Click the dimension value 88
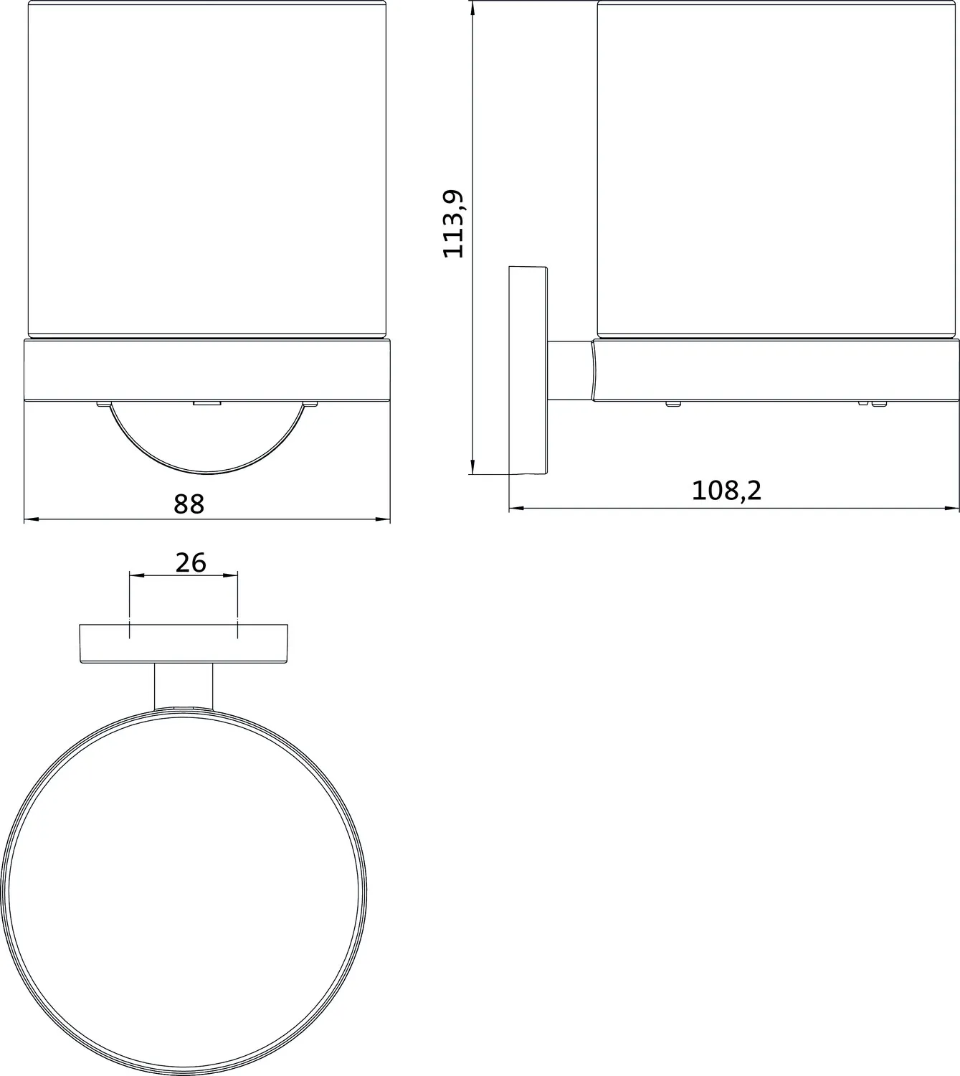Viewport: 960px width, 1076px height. (189, 504)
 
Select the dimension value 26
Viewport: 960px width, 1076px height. (191, 562)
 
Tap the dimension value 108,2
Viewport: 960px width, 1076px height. (726, 491)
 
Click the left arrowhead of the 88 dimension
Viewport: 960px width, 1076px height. (30, 519)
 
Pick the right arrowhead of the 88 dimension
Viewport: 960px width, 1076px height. (384, 519)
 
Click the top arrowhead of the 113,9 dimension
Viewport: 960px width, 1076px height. (472, 7)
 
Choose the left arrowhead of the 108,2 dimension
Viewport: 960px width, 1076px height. (515, 509)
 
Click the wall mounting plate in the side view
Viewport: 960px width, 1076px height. (528, 370)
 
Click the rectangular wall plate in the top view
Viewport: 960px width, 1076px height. (184, 643)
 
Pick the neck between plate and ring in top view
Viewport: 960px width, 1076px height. (184, 684)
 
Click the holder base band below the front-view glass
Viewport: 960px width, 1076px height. (207, 369)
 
